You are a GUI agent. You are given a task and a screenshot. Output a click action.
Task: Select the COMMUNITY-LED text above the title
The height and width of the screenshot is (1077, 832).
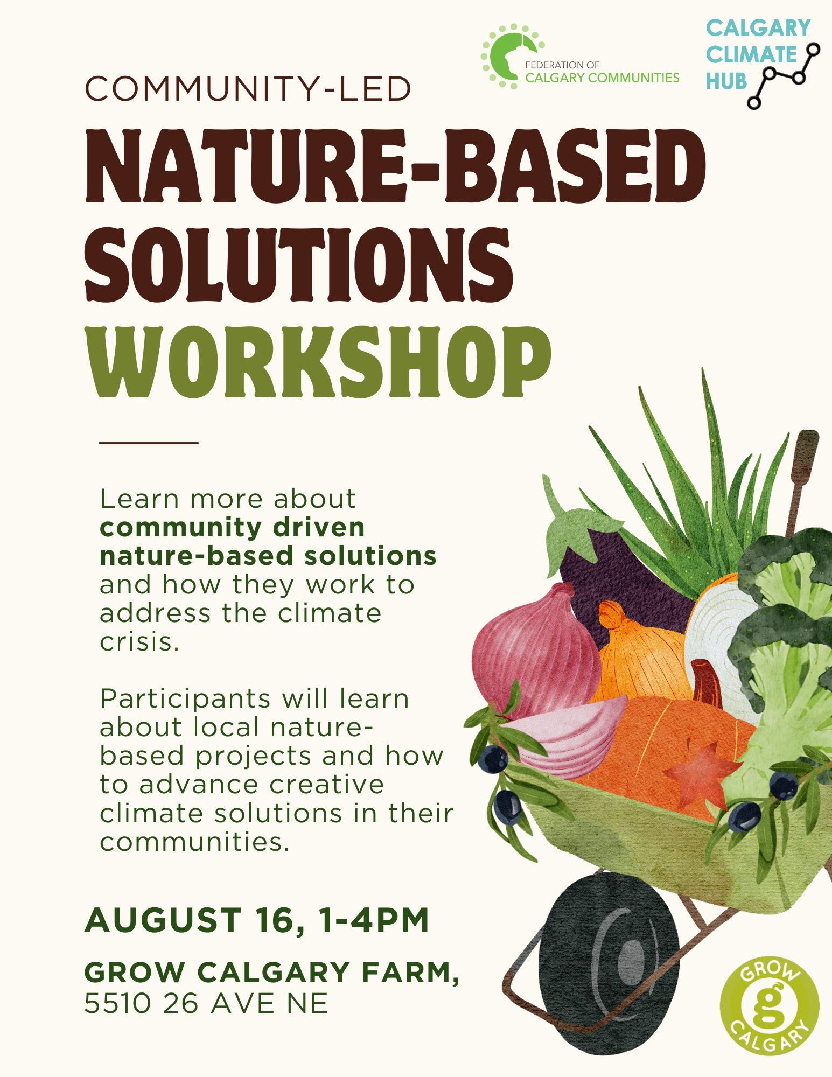tap(248, 89)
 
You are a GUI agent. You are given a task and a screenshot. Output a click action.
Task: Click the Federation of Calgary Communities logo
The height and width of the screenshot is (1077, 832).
tap(580, 57)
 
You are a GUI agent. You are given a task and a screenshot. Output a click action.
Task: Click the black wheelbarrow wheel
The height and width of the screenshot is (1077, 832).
tap(609, 964)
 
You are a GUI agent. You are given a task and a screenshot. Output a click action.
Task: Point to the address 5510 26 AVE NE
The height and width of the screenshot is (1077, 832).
tap(206, 1004)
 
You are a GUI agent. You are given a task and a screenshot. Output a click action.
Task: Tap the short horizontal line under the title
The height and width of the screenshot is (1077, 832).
tap(149, 443)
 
